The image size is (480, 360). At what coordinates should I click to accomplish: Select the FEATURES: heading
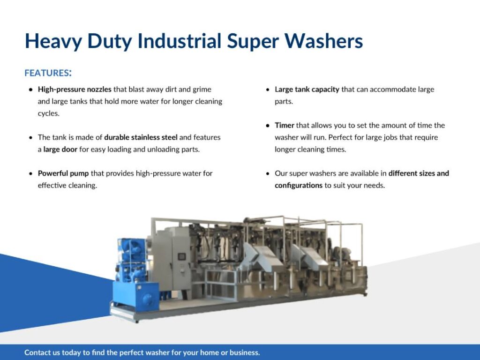48,73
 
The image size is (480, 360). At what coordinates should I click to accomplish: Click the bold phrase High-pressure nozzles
75,90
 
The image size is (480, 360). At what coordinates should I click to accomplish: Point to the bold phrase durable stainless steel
141,137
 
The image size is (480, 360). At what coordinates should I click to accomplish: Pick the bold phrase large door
60,150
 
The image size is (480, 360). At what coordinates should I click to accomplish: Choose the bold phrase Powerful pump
63,173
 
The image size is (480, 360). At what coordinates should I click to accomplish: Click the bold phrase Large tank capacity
307,90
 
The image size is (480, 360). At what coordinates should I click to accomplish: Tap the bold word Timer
285,125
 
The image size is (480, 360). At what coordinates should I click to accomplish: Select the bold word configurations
299,186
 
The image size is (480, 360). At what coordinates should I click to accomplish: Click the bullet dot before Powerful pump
30,173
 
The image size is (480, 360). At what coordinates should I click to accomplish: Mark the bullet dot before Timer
268,126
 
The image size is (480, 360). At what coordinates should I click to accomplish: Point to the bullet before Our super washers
268,173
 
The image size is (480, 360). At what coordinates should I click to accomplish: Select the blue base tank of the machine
135,295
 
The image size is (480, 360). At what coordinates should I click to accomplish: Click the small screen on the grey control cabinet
182,256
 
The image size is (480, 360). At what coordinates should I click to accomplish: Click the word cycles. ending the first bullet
49,113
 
